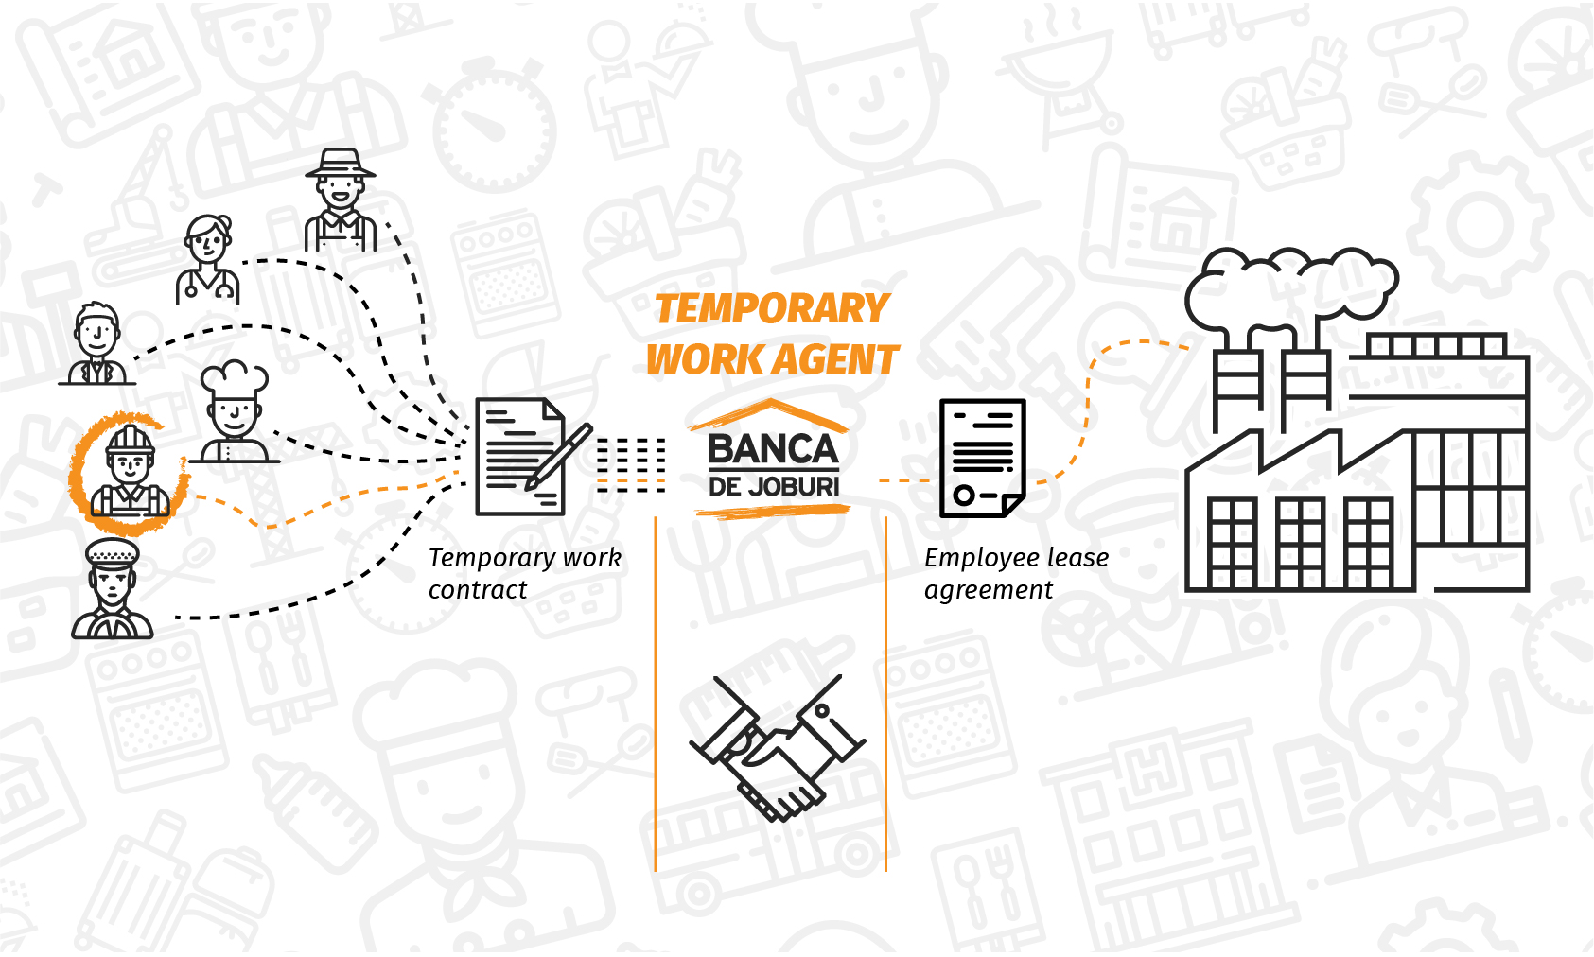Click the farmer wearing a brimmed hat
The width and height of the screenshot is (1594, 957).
(x=341, y=201)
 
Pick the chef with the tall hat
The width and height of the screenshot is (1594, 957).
(x=234, y=412)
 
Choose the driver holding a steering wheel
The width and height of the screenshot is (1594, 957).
(x=113, y=590)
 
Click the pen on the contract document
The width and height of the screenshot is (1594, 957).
(x=559, y=456)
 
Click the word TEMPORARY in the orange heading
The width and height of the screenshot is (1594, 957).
(x=771, y=309)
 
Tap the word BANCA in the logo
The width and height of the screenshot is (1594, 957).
(x=773, y=450)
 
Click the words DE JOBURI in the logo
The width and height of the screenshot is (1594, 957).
(x=774, y=488)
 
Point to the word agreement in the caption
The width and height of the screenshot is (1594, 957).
(x=988, y=590)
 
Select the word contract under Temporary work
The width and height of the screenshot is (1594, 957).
(x=477, y=590)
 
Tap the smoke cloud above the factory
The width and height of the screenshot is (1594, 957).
(x=1290, y=284)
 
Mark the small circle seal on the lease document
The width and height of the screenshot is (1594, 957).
(x=964, y=495)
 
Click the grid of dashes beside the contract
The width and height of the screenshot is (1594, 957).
(x=631, y=465)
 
